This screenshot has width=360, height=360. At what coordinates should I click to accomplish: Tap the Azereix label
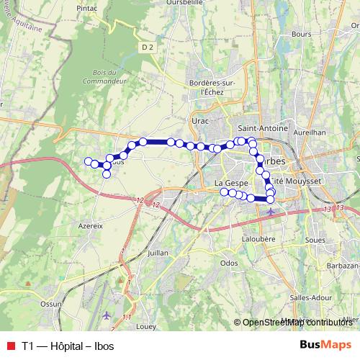click(x=90, y=225)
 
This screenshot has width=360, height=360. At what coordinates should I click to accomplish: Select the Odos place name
click(x=229, y=263)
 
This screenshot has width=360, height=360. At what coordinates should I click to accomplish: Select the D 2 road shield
click(x=148, y=48)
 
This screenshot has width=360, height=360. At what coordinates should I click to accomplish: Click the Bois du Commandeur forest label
click(x=109, y=76)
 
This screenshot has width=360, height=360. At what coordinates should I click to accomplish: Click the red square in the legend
click(x=9, y=345)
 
